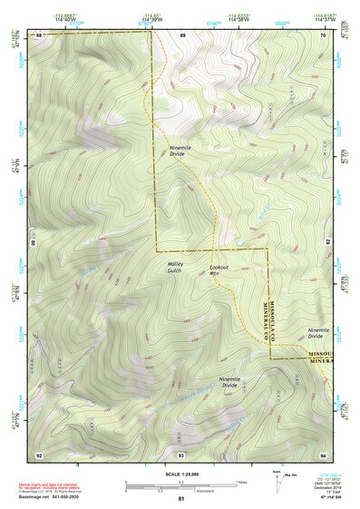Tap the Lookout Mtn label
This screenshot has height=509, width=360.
(x=220, y=271)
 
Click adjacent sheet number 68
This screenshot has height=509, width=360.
(x=39, y=34)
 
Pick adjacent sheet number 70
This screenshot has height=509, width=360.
(x=323, y=34)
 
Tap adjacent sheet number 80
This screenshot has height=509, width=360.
(x=34, y=243)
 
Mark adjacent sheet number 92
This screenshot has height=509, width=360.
(x=39, y=453)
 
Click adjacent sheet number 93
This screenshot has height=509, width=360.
(x=180, y=453)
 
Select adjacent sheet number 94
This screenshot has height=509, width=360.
(x=323, y=453)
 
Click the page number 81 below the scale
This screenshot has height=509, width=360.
(x=180, y=499)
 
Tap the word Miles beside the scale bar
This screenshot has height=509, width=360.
(x=241, y=481)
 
